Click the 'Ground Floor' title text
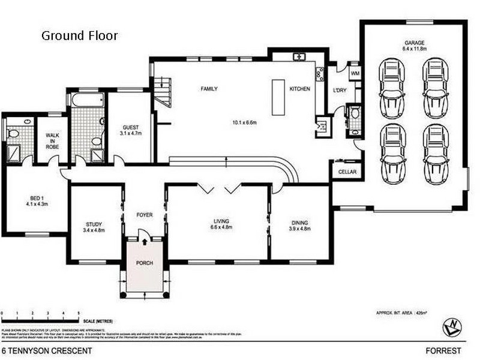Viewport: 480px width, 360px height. (79, 35)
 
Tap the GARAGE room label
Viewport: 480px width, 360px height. (413, 43)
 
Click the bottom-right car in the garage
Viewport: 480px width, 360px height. (436, 149)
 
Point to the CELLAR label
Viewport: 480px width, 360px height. (347, 172)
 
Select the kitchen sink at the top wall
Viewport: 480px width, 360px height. (299, 57)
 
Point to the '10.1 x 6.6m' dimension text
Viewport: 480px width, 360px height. (244, 124)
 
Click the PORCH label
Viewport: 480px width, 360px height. (144, 263)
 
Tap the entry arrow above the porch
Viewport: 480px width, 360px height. (144, 242)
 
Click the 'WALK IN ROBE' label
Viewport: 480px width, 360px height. (52, 144)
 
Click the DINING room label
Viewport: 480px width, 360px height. (299, 223)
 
